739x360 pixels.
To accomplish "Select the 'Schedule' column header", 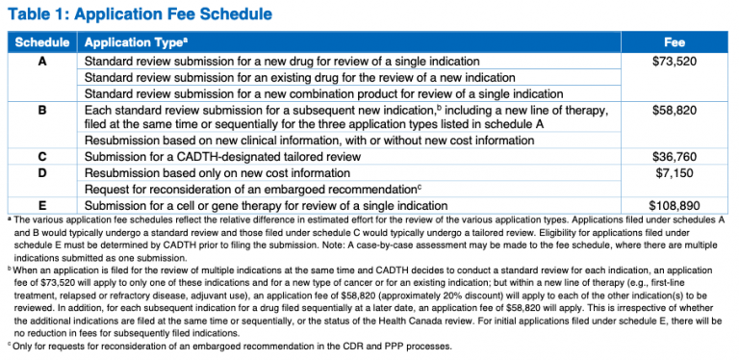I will (42, 43).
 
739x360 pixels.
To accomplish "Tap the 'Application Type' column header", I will (132, 43).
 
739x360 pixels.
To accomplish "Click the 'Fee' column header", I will (675, 43).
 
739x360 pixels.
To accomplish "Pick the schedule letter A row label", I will (42, 61).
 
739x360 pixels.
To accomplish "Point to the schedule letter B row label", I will (42, 111).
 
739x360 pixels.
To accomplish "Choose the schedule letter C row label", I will (42, 155).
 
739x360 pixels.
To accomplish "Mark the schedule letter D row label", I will (42, 171).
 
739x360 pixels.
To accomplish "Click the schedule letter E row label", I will (42, 205).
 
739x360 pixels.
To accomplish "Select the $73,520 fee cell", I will (675, 61).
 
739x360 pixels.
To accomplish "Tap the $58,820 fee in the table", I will (675, 111).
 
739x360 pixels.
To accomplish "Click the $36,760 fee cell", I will (675, 155).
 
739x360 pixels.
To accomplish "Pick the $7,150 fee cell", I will (675, 171).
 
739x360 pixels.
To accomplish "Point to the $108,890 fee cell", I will (675, 205).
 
